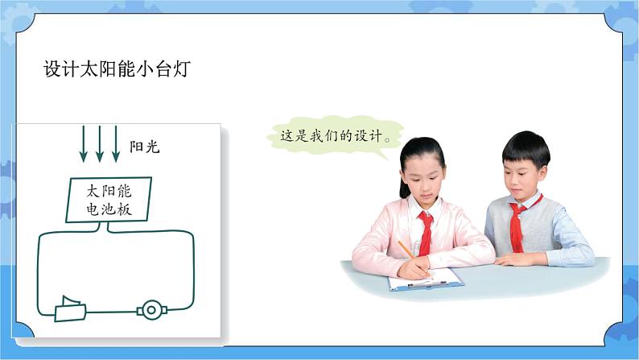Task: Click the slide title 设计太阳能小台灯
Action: (x=117, y=70)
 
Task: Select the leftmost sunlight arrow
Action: (x=83, y=143)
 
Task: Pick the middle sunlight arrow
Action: (x=100, y=143)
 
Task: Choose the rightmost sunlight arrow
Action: (x=117, y=143)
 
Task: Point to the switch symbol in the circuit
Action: (x=70, y=308)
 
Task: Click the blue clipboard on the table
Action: (x=427, y=280)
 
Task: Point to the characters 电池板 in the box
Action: (x=108, y=210)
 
